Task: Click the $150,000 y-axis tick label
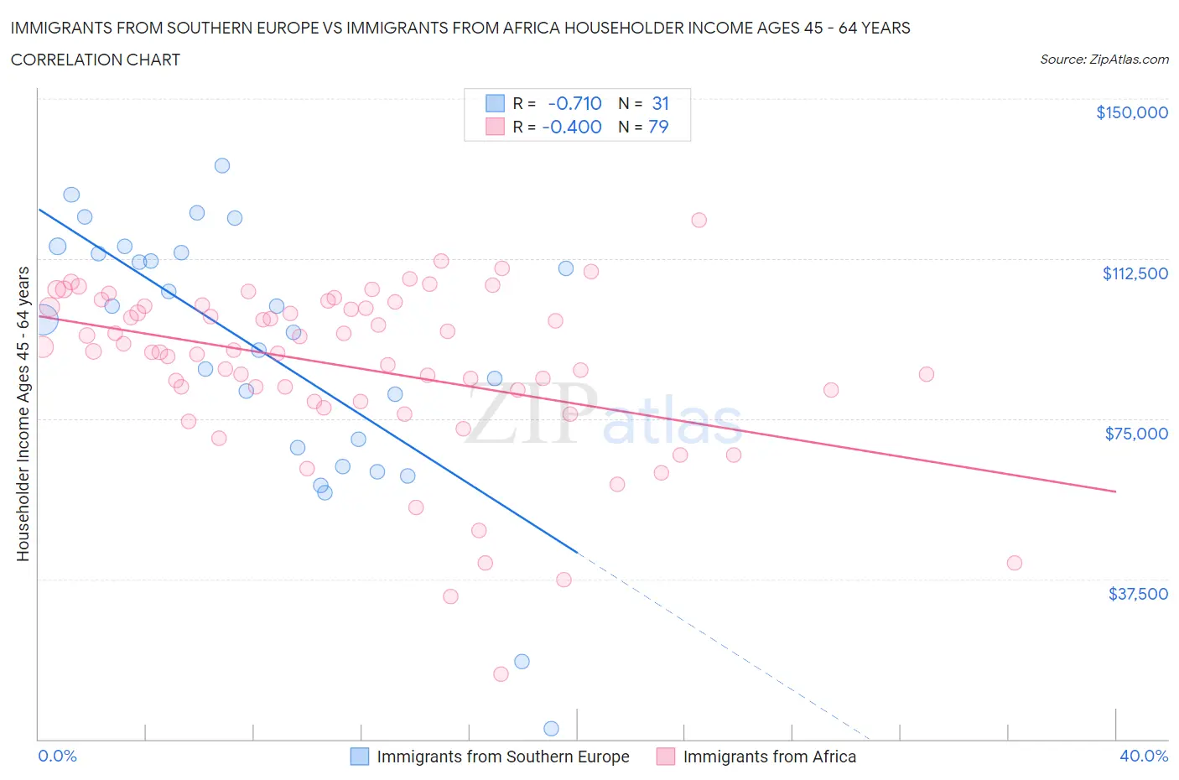tap(1131, 112)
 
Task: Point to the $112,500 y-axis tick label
tap(1135, 273)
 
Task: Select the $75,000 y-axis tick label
tap(1136, 434)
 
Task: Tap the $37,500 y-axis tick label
tap(1137, 594)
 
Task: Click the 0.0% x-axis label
tap(57, 756)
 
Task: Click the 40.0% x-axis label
tap(1143, 756)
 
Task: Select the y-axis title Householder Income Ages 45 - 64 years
tap(23, 413)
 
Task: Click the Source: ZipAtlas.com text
tap(1104, 60)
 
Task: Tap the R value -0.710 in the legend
tap(574, 103)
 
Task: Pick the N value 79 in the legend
tap(658, 127)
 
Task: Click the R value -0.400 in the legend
tap(572, 127)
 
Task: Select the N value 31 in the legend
tap(660, 103)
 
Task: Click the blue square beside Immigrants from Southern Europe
tap(359, 757)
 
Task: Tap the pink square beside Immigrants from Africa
tap(666, 757)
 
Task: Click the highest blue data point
tap(222, 165)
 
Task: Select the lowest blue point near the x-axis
tap(551, 728)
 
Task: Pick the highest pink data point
tap(699, 220)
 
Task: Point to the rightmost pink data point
tap(1014, 563)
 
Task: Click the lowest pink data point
tap(501, 674)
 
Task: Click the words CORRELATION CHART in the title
tap(96, 60)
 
